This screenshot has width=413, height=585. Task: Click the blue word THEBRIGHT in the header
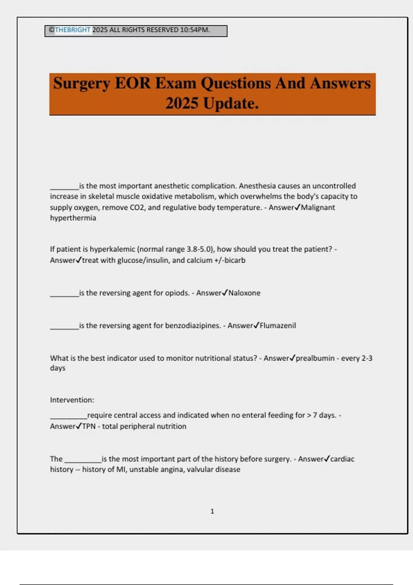(x=73, y=30)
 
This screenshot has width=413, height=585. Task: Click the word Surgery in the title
(x=82, y=84)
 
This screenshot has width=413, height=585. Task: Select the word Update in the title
(x=231, y=103)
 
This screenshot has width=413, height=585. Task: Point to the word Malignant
(x=318, y=208)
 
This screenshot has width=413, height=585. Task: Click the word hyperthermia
(x=73, y=218)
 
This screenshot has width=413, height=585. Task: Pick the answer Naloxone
(x=244, y=293)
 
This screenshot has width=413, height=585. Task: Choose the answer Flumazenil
(x=278, y=326)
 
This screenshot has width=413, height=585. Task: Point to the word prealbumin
(x=315, y=358)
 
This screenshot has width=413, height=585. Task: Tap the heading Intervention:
(x=72, y=400)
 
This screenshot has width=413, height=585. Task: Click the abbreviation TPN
(x=89, y=426)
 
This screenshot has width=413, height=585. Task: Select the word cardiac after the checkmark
(x=342, y=459)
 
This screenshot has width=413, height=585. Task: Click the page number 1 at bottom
(x=212, y=511)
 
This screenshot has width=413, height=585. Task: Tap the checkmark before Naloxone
(x=225, y=292)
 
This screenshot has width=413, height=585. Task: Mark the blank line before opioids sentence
(x=64, y=295)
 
